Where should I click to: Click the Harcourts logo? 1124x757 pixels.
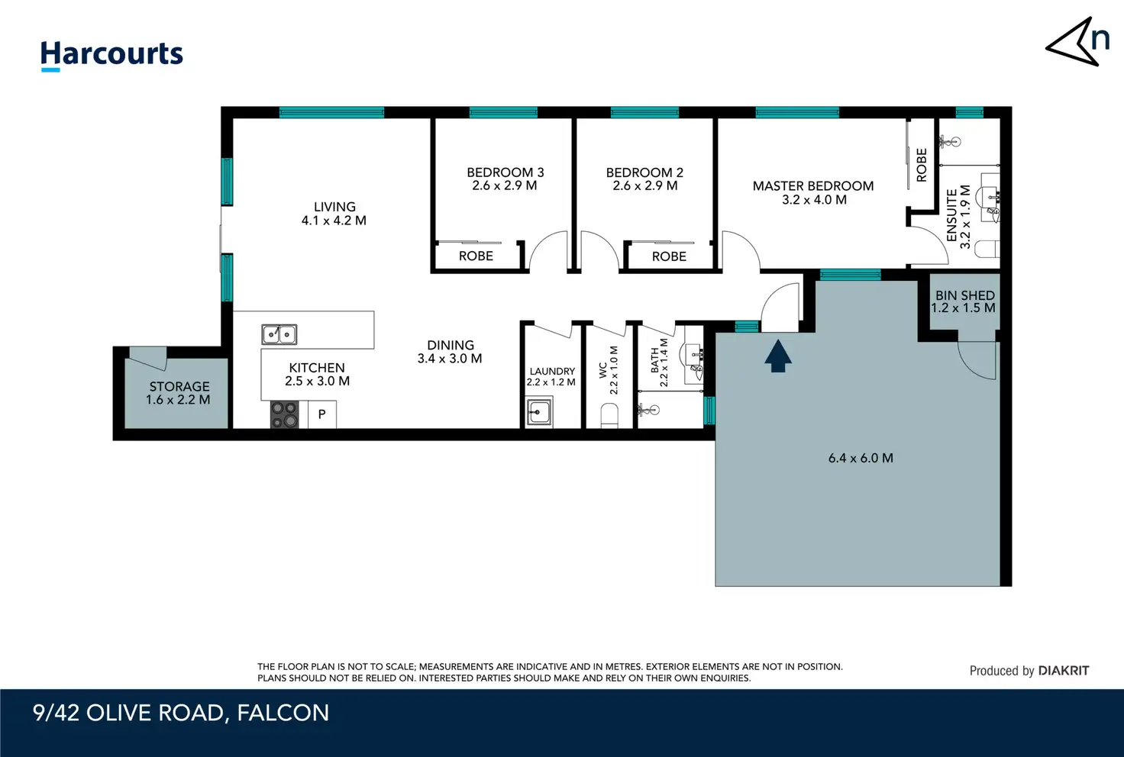111,55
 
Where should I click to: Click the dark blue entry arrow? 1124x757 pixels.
778,356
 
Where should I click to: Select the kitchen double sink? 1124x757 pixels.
279,334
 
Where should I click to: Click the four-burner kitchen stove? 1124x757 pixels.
285,414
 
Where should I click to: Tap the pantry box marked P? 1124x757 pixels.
321,414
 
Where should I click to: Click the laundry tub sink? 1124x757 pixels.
539,412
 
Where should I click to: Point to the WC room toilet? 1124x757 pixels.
609,416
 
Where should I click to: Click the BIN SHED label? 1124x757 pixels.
964,295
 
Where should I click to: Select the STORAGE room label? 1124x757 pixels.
179,387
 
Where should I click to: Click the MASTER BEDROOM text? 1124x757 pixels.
813,186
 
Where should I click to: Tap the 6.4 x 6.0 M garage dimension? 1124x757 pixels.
861,458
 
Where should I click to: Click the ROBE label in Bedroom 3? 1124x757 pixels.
476,256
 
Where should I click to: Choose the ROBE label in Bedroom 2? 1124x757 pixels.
669,256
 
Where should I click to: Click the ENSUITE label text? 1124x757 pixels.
951,215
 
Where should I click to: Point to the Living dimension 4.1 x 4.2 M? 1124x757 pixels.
334,221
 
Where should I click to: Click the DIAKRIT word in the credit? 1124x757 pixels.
1063,671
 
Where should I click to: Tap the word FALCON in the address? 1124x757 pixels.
283,713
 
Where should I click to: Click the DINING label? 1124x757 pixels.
450,345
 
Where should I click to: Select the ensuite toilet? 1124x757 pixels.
987,250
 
